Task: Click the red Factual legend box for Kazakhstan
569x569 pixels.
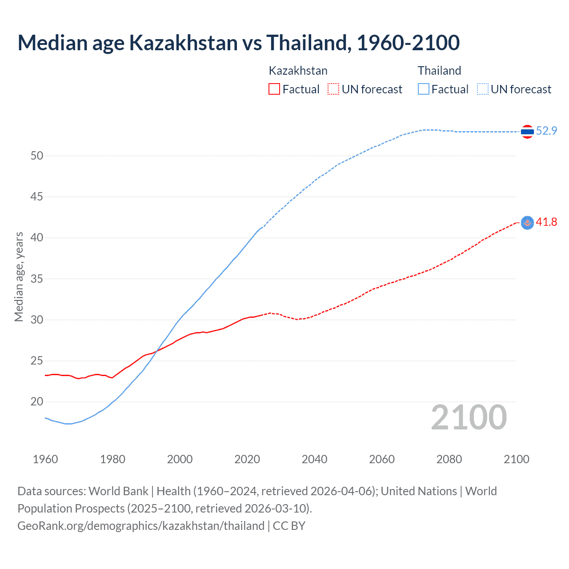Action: (274, 89)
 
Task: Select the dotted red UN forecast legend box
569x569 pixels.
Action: (333, 89)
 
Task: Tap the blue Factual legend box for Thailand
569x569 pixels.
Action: (424, 89)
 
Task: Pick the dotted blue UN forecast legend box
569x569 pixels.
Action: (482, 89)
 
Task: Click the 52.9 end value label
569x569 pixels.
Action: (546, 131)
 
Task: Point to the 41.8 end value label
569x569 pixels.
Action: (546, 222)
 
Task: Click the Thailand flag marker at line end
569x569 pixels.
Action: (527, 132)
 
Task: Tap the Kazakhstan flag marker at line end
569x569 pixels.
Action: (527, 222)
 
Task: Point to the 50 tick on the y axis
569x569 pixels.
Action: (37, 156)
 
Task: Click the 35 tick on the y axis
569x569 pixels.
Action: (37, 279)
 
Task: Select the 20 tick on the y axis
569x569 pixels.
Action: (37, 402)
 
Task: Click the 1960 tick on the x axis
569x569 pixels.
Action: (45, 459)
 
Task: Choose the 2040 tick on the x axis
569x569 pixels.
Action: (314, 459)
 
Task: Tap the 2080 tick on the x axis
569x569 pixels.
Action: (449, 459)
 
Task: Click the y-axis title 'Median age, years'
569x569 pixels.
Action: (19, 276)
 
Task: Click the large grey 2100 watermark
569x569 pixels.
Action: (469, 417)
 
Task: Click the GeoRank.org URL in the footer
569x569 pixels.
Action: (141, 526)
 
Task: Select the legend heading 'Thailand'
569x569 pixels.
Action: (439, 71)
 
